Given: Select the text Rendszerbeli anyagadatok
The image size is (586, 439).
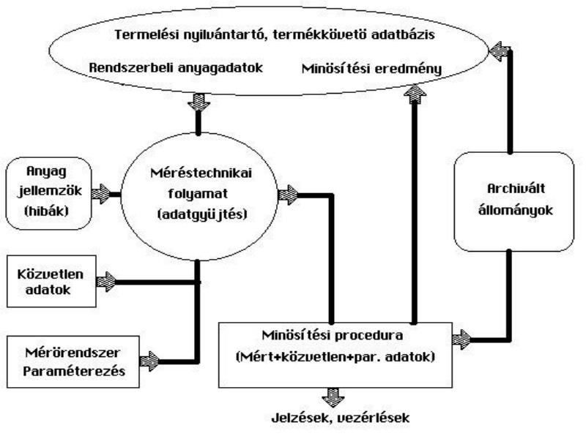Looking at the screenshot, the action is [x=176, y=68].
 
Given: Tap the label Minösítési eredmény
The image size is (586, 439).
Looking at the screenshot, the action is [x=371, y=69].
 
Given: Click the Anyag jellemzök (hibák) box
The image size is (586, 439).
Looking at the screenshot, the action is [x=49, y=193].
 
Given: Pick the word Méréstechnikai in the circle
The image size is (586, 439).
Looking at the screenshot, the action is [x=201, y=173].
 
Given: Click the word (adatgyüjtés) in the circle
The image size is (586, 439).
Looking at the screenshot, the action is [x=203, y=214].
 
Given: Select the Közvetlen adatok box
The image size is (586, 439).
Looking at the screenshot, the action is [x=51, y=281].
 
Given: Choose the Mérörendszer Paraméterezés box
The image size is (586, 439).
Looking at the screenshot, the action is [x=73, y=361].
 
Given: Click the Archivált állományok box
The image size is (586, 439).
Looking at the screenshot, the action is [x=514, y=202].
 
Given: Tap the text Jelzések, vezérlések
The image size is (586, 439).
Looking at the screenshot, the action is [x=340, y=417].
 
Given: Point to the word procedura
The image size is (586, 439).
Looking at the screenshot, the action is [x=368, y=335].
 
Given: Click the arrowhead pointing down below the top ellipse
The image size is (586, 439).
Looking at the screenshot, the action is [x=199, y=102].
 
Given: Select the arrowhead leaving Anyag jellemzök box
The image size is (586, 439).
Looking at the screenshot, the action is [x=101, y=194].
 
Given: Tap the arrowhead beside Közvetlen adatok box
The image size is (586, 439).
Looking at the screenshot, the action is [x=106, y=282].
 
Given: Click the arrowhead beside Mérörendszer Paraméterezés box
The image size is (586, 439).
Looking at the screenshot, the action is [x=149, y=361].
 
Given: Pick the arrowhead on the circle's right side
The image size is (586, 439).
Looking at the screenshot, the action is [x=288, y=195].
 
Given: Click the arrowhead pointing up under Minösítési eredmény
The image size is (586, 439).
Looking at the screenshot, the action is [x=415, y=94].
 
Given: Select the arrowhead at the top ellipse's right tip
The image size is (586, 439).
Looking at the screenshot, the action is [x=500, y=51].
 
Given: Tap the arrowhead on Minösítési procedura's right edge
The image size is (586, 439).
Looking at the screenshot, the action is [x=462, y=339].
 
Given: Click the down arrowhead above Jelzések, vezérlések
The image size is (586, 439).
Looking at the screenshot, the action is [x=333, y=397].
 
